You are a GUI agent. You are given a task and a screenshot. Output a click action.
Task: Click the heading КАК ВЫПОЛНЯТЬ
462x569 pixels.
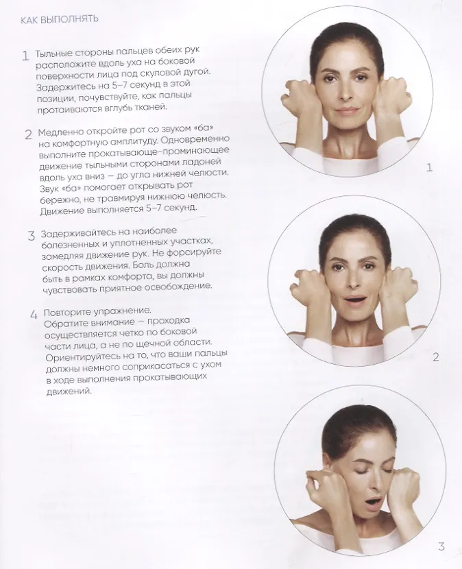coord(59,19)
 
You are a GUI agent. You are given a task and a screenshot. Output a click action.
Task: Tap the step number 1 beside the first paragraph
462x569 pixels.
coord(25,56)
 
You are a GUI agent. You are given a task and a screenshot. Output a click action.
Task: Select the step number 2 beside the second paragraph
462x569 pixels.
coord(29,134)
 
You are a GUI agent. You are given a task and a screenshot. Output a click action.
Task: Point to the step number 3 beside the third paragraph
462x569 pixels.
coord(32,236)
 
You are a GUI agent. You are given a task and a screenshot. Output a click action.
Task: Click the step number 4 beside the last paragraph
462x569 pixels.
coord(34,314)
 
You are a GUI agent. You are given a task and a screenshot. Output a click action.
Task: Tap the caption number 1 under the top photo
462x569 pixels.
coord(429,168)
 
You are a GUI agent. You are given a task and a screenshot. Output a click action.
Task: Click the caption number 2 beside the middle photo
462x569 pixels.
coord(436,357)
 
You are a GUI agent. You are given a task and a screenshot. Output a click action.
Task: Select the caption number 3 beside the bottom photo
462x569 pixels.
coord(441,547)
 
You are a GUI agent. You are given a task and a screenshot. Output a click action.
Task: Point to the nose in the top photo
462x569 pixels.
coord(343,93)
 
